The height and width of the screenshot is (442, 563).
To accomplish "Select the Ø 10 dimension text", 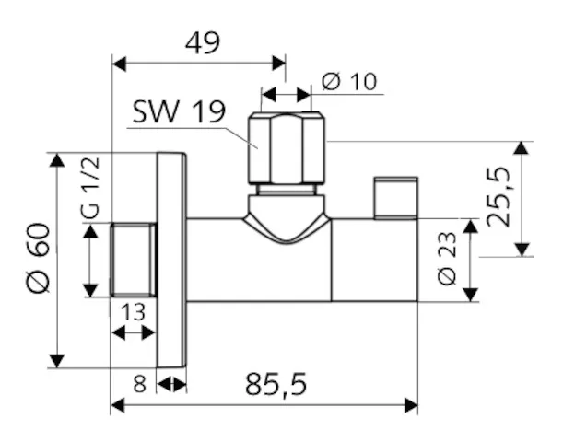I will point(350,81).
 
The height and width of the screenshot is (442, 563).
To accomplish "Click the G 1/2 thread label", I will point(89,189).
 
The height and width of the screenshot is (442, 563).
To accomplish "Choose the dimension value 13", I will point(134,312).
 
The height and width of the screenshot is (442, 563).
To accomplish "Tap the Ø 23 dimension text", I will point(446,259).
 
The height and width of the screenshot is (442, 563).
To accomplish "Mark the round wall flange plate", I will point(170,260).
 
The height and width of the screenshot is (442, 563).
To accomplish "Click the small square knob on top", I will point(395,198).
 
